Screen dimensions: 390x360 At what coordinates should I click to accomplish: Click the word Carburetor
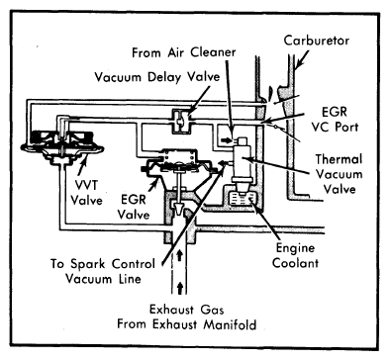click(317, 41)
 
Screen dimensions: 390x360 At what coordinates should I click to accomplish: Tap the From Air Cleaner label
click(184, 52)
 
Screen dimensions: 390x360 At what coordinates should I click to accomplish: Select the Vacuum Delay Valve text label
click(157, 77)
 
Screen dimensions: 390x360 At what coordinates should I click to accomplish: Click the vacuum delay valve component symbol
click(180, 121)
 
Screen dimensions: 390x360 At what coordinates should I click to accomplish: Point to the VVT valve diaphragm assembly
click(62, 145)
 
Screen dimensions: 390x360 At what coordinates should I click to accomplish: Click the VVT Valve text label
click(86, 193)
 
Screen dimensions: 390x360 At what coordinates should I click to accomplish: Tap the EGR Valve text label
click(134, 207)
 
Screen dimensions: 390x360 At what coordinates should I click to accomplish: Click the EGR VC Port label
click(335, 119)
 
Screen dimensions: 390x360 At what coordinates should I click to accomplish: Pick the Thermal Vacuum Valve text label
click(339, 174)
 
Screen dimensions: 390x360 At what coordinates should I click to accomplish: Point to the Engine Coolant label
click(295, 255)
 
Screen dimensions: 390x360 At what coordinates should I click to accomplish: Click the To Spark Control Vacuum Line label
click(103, 271)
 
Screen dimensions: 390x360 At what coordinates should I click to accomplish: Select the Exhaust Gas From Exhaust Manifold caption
click(187, 316)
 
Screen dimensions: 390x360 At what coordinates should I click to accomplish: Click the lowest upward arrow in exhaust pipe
click(179, 288)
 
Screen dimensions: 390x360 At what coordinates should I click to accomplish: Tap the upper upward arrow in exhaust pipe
click(179, 255)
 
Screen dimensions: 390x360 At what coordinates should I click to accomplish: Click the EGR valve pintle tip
click(179, 209)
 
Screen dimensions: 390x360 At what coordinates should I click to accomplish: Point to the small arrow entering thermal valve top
click(227, 140)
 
